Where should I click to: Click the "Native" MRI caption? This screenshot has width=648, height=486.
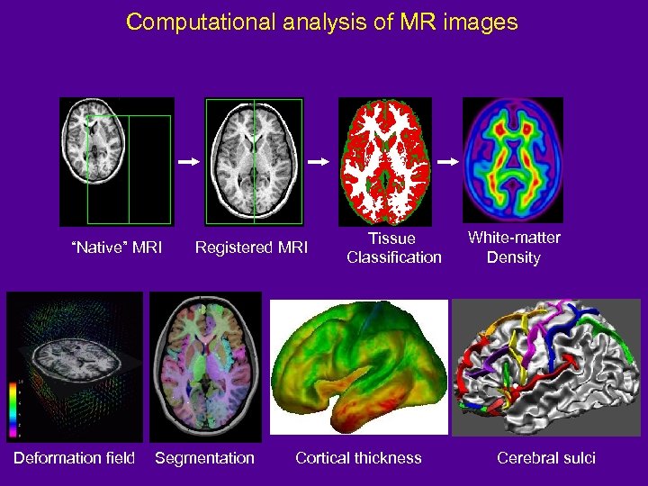(117, 247)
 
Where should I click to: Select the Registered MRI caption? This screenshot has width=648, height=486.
(252, 247)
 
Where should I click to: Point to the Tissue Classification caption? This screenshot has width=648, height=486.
(394, 247)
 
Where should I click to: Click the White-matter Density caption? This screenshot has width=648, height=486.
(514, 247)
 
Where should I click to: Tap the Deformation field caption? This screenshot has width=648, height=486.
(74, 458)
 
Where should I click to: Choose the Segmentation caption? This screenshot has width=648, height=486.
(204, 458)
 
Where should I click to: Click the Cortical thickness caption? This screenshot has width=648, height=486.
(358, 458)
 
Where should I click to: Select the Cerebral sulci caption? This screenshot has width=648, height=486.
(546, 458)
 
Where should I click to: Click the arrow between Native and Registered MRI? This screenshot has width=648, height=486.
(187, 162)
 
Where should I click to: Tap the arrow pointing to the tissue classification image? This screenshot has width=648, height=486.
(319, 162)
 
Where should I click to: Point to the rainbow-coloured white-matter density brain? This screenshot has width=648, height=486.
(513, 158)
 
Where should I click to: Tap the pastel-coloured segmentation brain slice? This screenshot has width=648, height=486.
(205, 367)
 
